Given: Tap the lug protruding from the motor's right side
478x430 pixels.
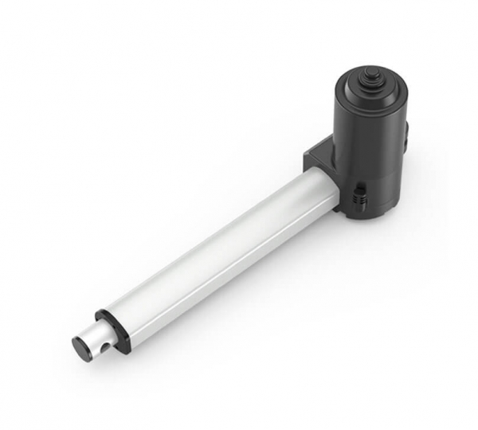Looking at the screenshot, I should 408,131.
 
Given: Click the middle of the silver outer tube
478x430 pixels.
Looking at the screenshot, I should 223,247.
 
